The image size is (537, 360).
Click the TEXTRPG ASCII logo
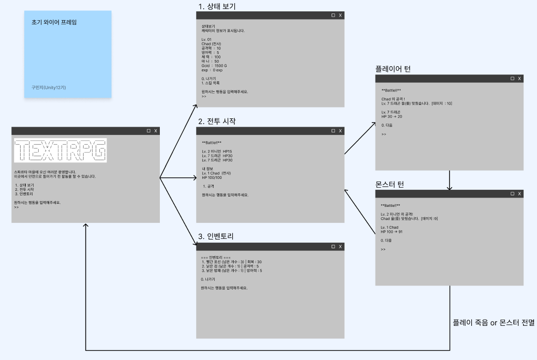61,151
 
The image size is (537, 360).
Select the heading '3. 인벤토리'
216,237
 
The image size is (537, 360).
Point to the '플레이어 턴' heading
393,69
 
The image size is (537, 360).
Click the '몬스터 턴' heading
390,184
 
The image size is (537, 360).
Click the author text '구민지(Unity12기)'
49,87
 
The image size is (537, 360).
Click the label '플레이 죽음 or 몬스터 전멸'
493,322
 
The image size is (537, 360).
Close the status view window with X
340,16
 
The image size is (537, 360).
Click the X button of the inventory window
340,247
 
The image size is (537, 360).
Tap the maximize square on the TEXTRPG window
148,131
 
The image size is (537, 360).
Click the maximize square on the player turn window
512,78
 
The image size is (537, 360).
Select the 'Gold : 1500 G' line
214,66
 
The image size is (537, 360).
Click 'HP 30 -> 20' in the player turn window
392,116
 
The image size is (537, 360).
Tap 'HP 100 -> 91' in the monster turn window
392,232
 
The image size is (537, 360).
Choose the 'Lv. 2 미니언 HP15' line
217,151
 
